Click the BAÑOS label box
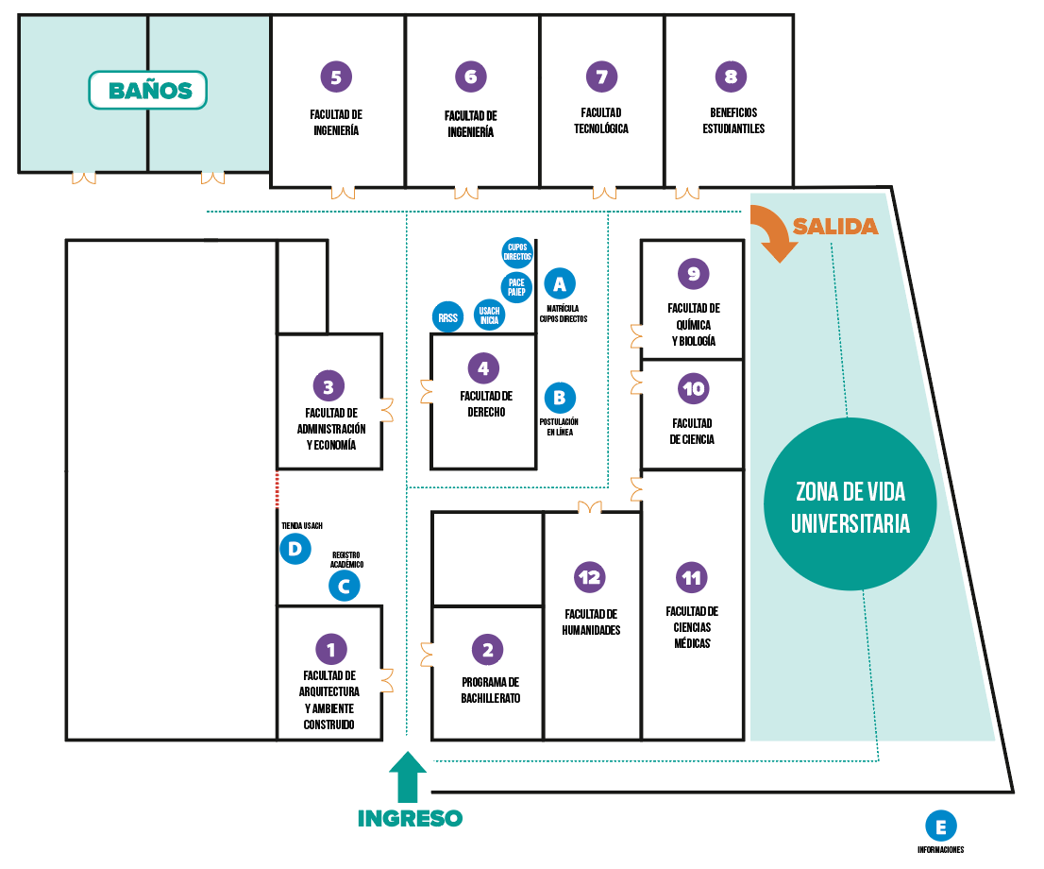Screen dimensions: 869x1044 coord(147,91)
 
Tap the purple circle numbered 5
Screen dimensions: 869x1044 coord(335,76)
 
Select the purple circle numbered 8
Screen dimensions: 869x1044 coord(731,77)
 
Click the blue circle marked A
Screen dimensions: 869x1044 coord(560,283)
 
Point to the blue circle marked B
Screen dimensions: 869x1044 coord(560,398)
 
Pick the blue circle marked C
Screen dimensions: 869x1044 coord(344,586)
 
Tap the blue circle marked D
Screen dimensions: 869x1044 coord(295,549)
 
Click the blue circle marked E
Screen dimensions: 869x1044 coord(940,826)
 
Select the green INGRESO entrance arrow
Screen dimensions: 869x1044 coord(408,776)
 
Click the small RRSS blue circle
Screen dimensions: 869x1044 coord(448,318)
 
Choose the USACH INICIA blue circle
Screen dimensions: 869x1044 coord(489,315)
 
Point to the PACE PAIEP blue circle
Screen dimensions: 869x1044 coord(516,287)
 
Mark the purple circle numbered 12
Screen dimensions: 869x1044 coord(591,577)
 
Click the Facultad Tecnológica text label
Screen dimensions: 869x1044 coord(601,121)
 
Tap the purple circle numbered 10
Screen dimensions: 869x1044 coord(694,388)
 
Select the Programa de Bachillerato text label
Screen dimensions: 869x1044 coord(490,690)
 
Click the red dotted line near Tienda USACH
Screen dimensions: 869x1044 coord(277,489)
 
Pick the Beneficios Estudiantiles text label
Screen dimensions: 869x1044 coord(733,121)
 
